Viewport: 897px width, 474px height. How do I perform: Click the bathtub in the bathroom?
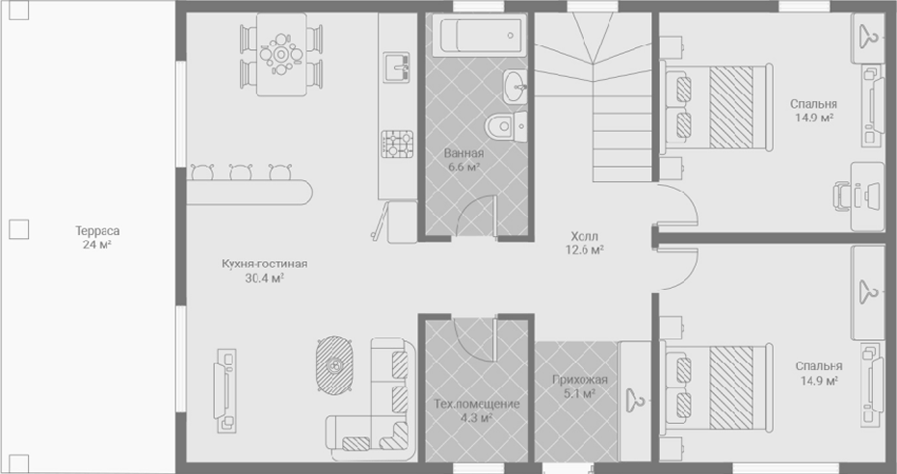click(x=478, y=36)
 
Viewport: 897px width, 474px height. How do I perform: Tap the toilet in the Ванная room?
click(x=506, y=126)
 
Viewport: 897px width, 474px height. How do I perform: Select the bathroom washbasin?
click(x=514, y=87)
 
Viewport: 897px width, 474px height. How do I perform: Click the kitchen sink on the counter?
click(x=396, y=67)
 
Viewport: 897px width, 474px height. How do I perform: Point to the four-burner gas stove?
click(x=397, y=145)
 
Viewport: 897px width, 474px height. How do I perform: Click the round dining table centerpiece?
click(x=281, y=54)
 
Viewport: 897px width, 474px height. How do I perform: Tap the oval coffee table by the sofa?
click(x=334, y=365)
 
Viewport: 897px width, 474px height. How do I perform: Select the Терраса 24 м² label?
click(x=97, y=238)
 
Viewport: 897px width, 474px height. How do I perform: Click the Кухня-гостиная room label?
click(x=265, y=264)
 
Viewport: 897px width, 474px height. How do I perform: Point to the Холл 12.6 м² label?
click(x=588, y=243)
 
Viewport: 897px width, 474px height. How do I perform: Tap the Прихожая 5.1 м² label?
click(x=580, y=386)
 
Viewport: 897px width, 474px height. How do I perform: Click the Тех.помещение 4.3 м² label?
click(x=477, y=410)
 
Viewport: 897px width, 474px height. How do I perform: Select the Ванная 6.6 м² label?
click(x=464, y=160)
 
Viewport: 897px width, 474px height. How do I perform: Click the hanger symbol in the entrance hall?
click(x=635, y=399)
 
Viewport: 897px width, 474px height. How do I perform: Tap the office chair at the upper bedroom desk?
click(x=841, y=197)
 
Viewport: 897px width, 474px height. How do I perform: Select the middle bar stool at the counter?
click(x=241, y=171)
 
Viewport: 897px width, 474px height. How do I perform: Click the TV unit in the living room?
click(x=224, y=390)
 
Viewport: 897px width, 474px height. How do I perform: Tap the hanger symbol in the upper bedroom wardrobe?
click(x=868, y=38)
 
